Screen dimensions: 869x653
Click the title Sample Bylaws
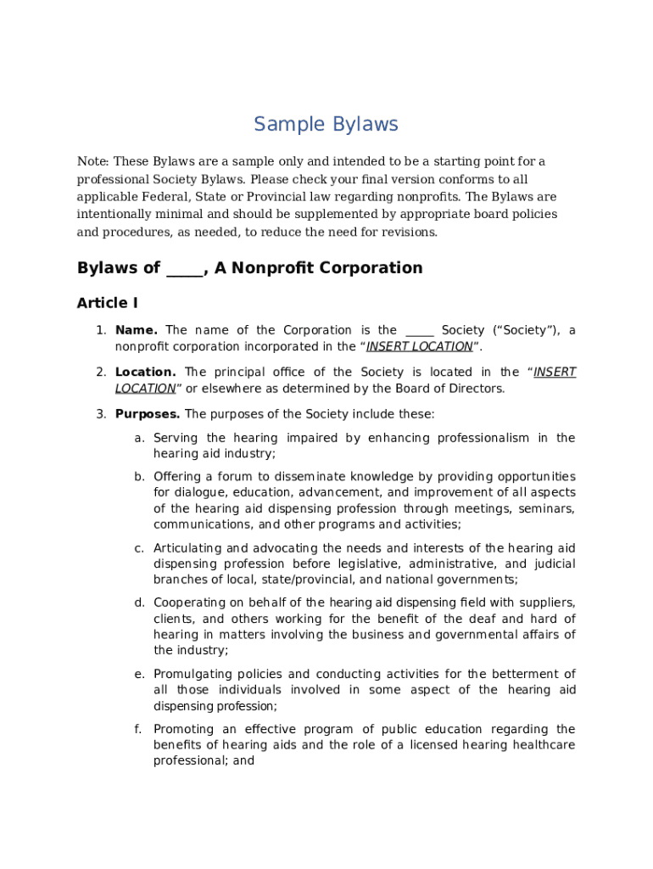(326, 125)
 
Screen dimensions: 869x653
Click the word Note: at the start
(93, 161)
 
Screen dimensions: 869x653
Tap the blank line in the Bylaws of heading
(185, 269)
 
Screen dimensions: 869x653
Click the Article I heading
(108, 303)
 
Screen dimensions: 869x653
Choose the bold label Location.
(146, 372)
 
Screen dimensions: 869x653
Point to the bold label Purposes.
(148, 414)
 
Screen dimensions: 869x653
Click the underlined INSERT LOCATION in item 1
(420, 346)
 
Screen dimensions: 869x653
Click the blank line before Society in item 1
(420, 331)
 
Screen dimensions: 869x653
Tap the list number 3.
(100, 414)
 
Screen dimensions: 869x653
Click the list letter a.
(138, 438)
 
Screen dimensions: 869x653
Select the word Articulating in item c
(187, 548)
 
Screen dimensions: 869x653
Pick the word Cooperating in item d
(188, 603)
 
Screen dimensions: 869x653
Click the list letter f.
(138, 729)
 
